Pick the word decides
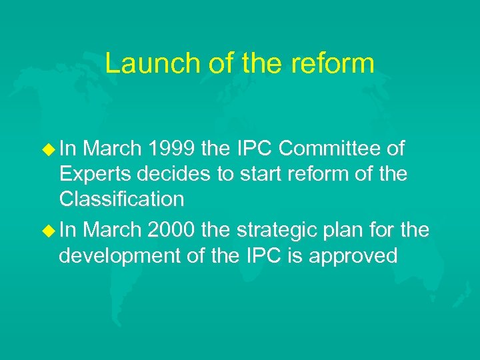(169, 173)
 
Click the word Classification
(121, 199)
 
